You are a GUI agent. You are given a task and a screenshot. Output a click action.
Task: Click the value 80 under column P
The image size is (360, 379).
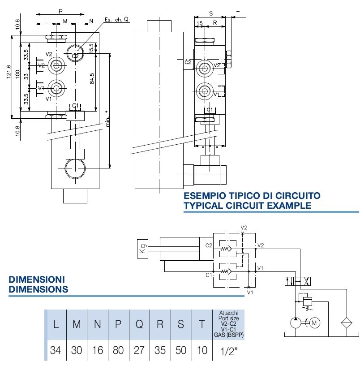118,350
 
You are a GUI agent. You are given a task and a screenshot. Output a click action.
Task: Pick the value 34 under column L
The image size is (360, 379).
56,350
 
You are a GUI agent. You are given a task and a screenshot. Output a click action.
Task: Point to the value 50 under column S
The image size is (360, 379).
181,350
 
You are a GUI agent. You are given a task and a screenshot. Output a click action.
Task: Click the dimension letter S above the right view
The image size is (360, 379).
210,13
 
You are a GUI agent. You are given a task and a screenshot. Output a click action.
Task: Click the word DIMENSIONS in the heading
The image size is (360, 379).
38,289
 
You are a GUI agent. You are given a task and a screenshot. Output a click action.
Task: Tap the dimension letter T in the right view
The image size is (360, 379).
238,13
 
